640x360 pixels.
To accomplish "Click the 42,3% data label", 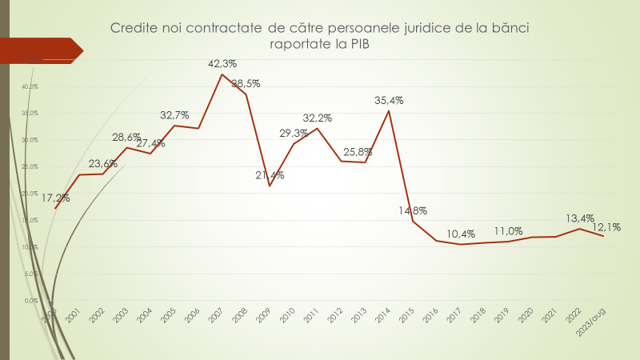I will (222, 63).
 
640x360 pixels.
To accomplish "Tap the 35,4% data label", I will (389, 101).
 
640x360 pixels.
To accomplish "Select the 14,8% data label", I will (413, 210).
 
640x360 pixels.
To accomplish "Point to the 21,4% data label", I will (270, 175).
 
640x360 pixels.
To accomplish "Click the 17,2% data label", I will (55, 198).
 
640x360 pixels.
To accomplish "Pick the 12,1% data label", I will (607, 227).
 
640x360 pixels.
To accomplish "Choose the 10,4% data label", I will (461, 234).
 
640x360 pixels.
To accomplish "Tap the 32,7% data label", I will (174, 115).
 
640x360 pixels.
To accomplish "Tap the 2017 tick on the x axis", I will (454, 315).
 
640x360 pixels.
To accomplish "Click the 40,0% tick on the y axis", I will (30, 86).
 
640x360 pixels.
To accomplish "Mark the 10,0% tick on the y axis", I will (30, 247).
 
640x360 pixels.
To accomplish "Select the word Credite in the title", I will (135, 28).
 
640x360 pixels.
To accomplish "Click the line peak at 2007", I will (222, 74).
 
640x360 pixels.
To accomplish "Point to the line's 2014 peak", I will (389, 110).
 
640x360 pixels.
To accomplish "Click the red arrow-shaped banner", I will (44, 50).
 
